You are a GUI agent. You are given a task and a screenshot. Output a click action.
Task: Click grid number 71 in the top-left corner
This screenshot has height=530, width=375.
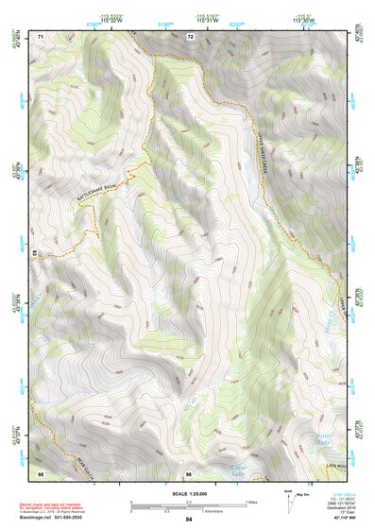41,37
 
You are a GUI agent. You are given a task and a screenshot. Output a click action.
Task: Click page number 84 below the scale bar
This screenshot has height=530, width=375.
189,520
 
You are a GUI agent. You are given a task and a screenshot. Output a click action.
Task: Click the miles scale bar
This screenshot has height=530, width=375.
189,502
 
